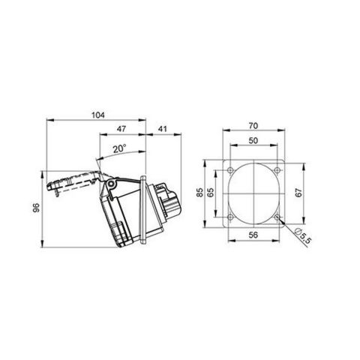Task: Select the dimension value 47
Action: [x=121, y=130]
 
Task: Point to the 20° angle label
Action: [x=119, y=148]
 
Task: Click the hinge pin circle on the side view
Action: [x=111, y=184]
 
